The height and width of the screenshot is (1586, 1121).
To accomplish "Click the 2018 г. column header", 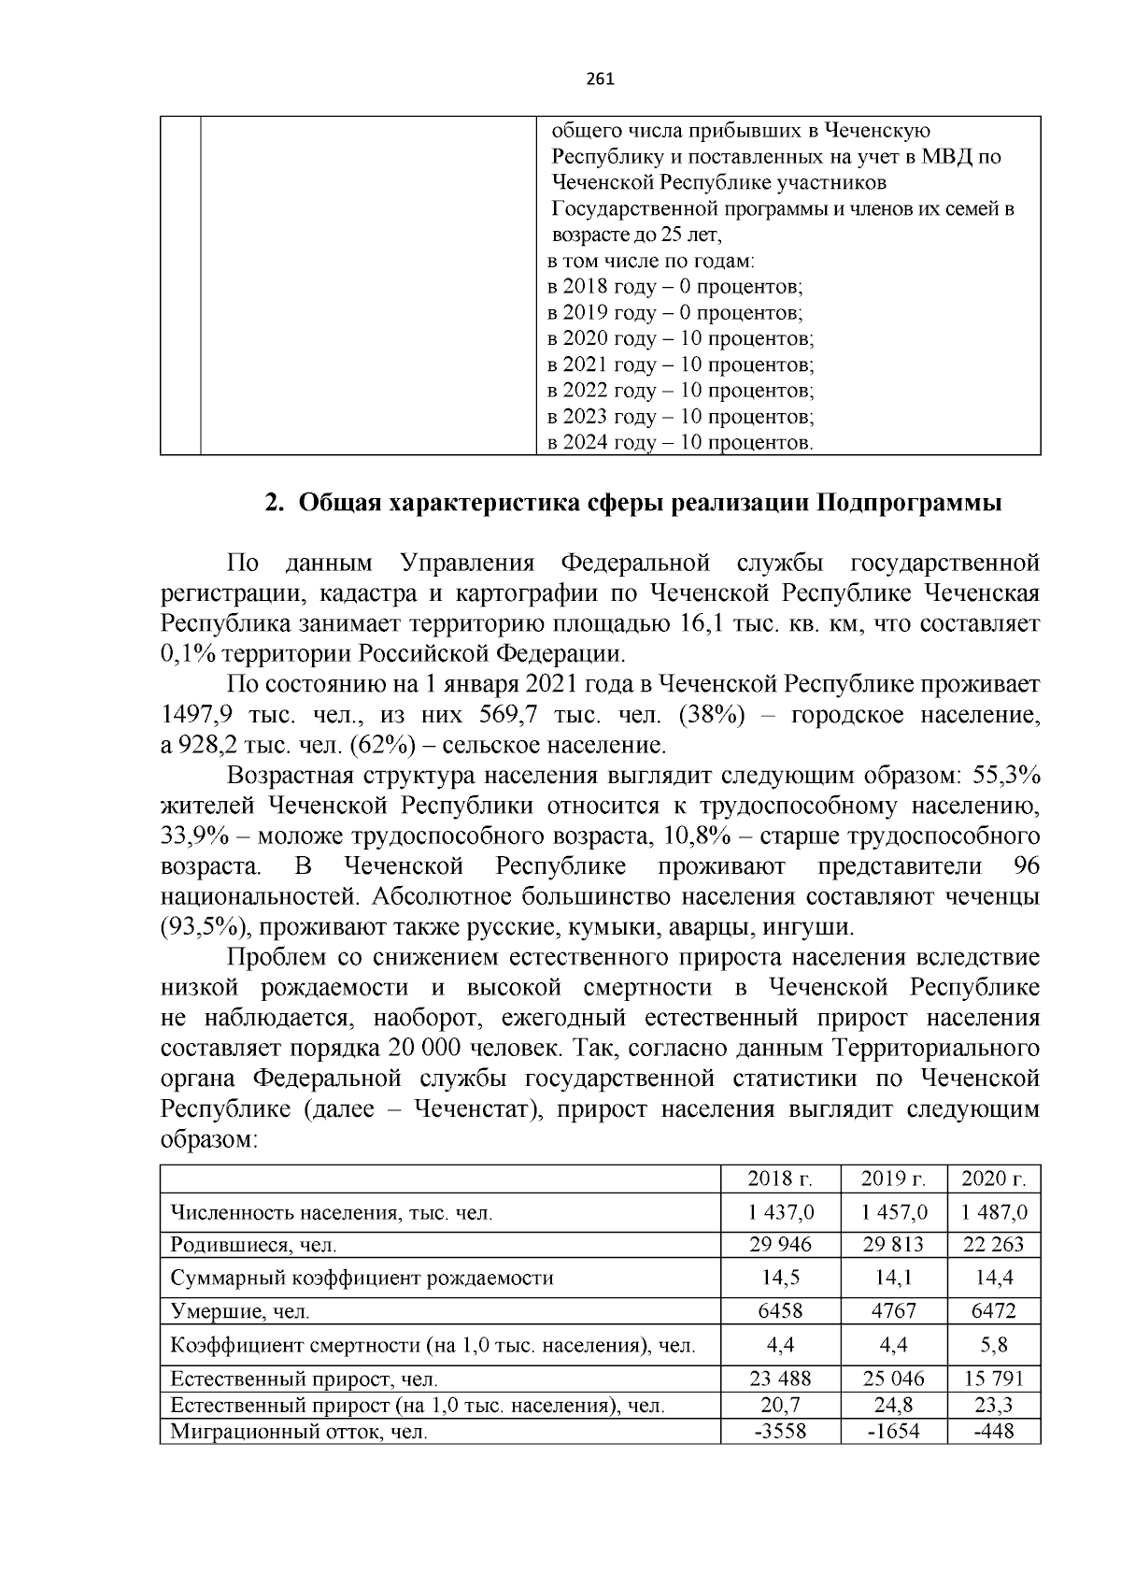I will (x=780, y=1179).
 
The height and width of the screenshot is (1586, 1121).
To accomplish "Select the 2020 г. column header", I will (x=993, y=1179).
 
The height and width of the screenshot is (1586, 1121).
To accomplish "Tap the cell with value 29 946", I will (x=780, y=1244).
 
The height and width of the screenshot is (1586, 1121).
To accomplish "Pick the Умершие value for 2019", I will (x=893, y=1311).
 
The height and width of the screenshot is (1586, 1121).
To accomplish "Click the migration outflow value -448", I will (x=993, y=1431).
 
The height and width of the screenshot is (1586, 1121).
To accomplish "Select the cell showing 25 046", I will (x=893, y=1378).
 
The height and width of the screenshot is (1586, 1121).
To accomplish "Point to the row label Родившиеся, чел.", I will (x=252, y=1245).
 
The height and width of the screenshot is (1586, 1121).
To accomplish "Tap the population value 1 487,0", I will (x=993, y=1212).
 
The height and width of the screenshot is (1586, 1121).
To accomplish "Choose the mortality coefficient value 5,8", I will (x=993, y=1345).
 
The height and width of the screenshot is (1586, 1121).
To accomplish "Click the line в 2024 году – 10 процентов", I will (x=679, y=442).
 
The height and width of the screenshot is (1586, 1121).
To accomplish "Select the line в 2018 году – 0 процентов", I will (x=674, y=286).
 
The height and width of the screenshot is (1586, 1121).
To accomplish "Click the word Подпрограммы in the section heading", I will (x=910, y=504).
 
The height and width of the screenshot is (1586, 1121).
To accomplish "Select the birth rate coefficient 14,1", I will (x=893, y=1278).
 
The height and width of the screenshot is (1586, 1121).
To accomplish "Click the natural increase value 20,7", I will (x=780, y=1405).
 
